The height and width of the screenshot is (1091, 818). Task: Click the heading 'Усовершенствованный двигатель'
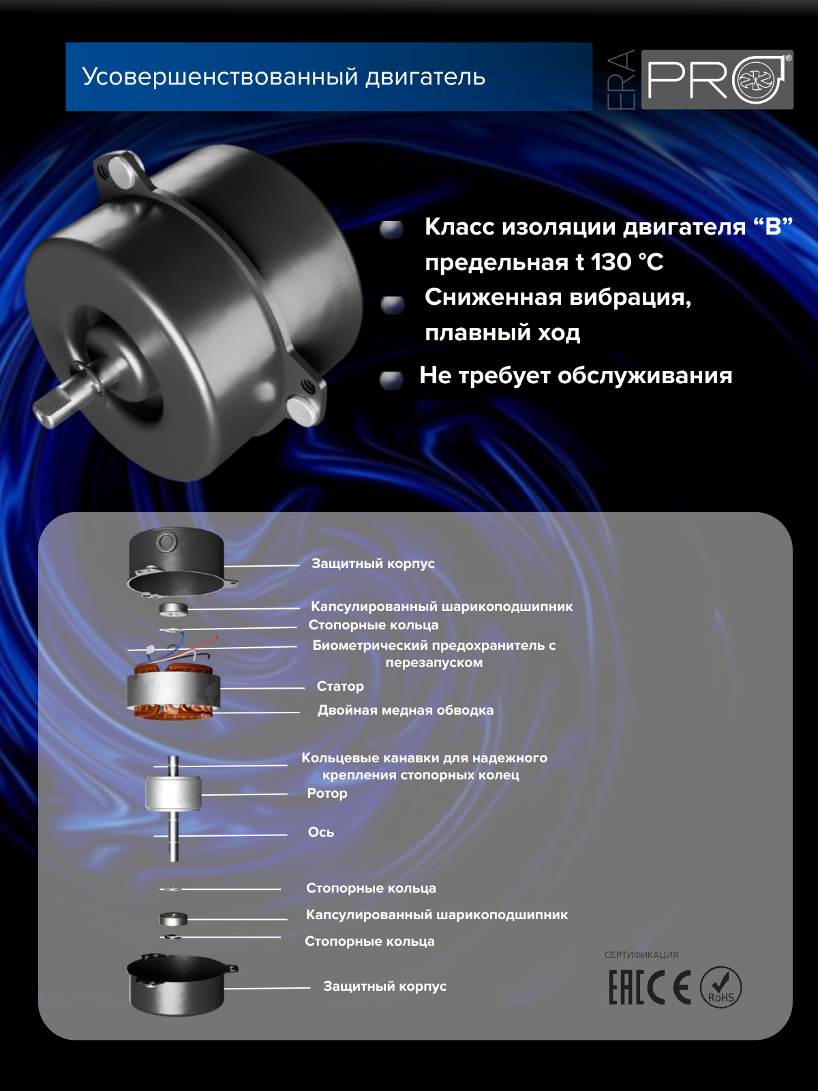pyautogui.click(x=284, y=77)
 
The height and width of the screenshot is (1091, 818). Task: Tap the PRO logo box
pyautogui.click(x=717, y=80)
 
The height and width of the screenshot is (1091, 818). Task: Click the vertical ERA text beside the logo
pyautogui.click(x=621, y=80)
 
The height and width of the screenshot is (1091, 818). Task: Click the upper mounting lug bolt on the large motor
pyautogui.click(x=123, y=172)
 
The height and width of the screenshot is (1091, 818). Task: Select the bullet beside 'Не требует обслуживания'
pyautogui.click(x=391, y=379)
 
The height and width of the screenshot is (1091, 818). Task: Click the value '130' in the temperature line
pyautogui.click(x=611, y=263)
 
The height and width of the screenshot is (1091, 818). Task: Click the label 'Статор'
pyautogui.click(x=340, y=686)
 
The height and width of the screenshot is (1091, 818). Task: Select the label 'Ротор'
pyautogui.click(x=327, y=793)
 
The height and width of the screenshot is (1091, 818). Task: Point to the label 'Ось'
pyautogui.click(x=320, y=832)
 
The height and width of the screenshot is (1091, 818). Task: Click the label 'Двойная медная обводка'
pyautogui.click(x=405, y=710)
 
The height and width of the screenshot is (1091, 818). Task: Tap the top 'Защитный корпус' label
pyautogui.click(x=373, y=563)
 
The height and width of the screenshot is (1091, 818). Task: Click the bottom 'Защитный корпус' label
pyautogui.click(x=384, y=986)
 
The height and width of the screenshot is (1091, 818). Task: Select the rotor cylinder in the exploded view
pyautogui.click(x=173, y=793)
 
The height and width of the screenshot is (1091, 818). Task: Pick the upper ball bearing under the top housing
pyautogui.click(x=173, y=608)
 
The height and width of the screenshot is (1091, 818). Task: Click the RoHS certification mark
pyautogui.click(x=721, y=987)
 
